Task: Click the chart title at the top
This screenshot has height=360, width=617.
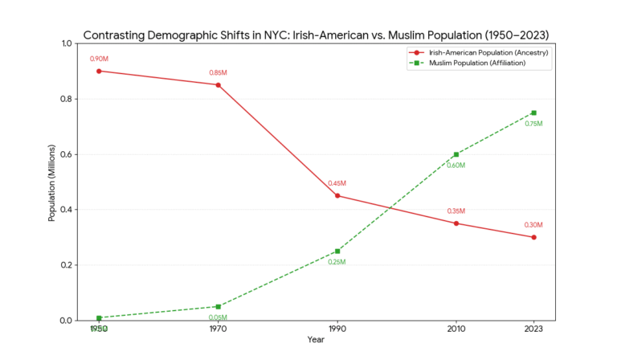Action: (x=316, y=36)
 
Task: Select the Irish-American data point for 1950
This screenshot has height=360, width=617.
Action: (x=99, y=71)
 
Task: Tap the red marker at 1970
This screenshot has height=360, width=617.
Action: (x=218, y=84)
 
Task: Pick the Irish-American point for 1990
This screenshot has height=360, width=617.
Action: (x=337, y=195)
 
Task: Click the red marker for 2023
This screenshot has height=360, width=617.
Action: (x=533, y=237)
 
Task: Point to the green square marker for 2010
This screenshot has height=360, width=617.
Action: (x=456, y=154)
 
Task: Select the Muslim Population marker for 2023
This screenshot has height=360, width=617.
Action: (x=533, y=112)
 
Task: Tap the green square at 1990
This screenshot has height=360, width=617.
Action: (x=337, y=251)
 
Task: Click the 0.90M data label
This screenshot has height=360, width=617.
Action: (x=99, y=59)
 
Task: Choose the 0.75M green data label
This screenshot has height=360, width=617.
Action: (x=533, y=124)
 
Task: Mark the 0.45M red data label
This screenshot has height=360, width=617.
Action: (x=337, y=183)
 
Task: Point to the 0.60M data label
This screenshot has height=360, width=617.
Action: (x=456, y=166)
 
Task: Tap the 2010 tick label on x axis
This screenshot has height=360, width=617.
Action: (x=456, y=329)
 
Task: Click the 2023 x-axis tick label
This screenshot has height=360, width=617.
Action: (x=533, y=329)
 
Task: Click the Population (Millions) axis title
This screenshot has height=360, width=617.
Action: (x=52, y=182)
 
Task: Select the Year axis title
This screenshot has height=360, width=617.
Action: (x=316, y=340)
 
